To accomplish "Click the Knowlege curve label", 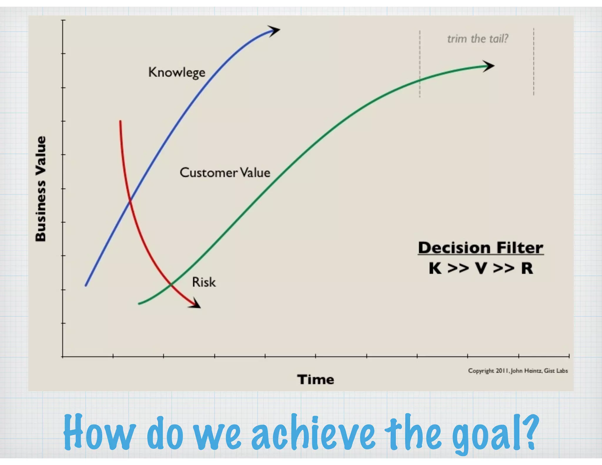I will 177,72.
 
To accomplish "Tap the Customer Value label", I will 225,173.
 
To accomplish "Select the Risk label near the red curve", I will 204,282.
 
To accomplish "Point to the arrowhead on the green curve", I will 489,66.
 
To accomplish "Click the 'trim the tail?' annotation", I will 478,39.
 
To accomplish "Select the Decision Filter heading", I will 481,248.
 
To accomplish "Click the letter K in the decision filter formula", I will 435,268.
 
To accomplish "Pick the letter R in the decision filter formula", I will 527,268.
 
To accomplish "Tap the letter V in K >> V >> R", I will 481,268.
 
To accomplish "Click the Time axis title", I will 315,379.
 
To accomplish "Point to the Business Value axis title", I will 41,189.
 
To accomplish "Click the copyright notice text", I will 518,371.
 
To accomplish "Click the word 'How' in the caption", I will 99,433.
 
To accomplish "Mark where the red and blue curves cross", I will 130,201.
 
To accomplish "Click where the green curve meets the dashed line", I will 420,80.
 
